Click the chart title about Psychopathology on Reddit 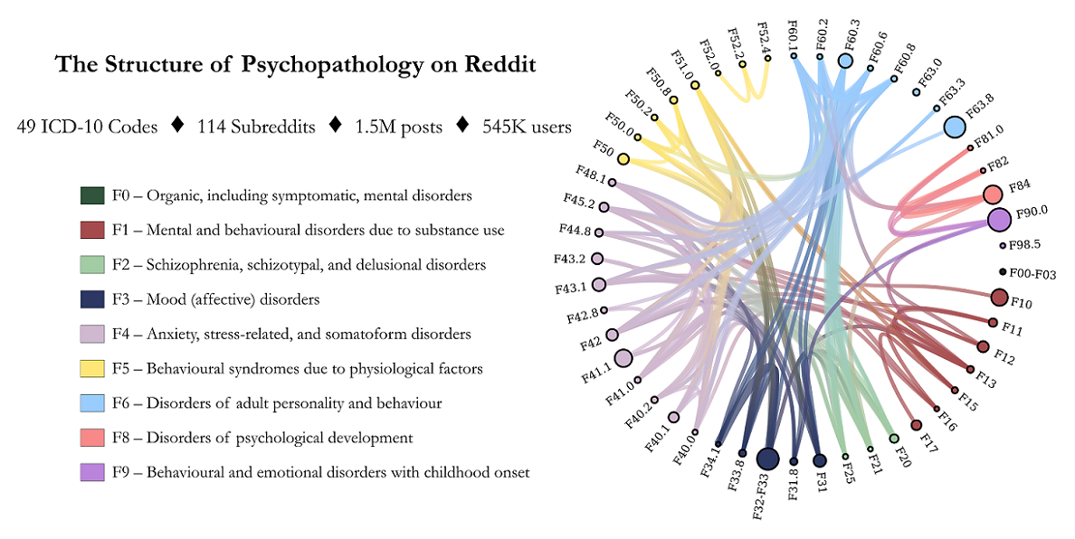(295, 66)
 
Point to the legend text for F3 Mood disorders (215, 299)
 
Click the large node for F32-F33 (767, 459)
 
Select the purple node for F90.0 (999, 219)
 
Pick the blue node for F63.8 (954, 128)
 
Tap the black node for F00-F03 (1003, 272)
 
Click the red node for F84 (993, 194)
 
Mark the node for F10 (999, 298)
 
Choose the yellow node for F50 (623, 159)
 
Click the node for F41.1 (623, 359)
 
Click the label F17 (928, 441)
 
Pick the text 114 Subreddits (256, 128)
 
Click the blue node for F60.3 (845, 61)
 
